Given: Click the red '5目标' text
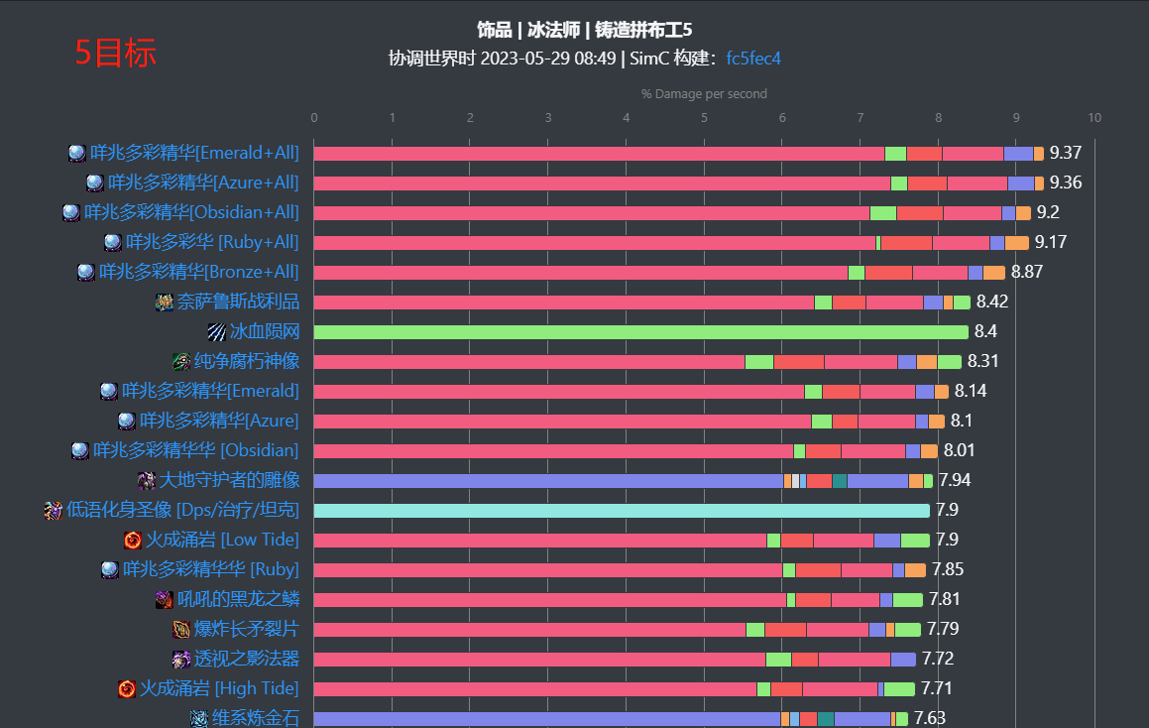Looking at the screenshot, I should coord(115,53).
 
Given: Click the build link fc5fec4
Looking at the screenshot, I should coord(753,59).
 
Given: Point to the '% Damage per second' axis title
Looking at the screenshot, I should coord(704,94).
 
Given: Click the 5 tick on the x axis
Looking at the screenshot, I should coord(704,118).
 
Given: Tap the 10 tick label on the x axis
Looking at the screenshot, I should coord(1093,118).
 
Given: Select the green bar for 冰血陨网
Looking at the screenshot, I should coord(641,331).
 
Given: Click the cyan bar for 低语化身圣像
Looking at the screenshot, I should coord(622,510).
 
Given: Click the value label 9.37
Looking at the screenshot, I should coord(1065,153).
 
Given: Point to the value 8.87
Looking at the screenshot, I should coord(1027,272).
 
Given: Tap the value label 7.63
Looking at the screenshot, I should coord(929,718).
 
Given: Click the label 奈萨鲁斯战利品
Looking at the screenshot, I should coord(238,302).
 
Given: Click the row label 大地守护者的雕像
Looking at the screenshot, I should coord(229,480).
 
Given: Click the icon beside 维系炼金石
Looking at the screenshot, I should coord(199,718).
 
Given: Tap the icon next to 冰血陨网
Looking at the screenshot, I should coord(217,331).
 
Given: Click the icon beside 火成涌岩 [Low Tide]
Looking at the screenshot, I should coord(133,540).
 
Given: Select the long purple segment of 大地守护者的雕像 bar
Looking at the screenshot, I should coord(548,480).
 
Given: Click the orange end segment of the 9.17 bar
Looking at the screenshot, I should coord(1017,242).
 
